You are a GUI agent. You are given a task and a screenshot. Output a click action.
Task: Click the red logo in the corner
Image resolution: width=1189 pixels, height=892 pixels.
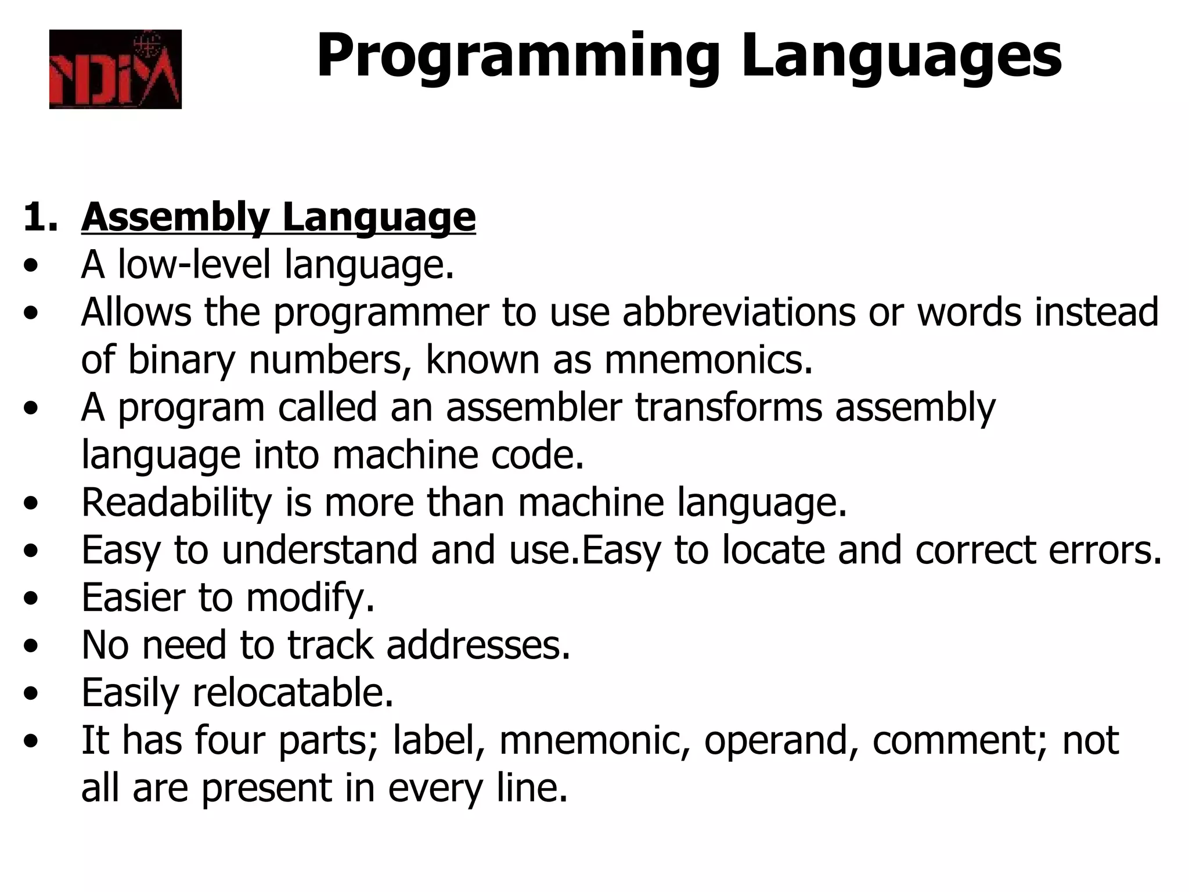115,69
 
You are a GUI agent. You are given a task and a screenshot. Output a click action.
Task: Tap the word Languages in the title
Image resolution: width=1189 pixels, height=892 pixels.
901,56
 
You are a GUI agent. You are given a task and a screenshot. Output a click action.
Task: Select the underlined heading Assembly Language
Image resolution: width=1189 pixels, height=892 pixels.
278,217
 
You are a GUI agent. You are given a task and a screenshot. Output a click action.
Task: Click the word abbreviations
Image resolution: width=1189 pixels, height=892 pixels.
738,312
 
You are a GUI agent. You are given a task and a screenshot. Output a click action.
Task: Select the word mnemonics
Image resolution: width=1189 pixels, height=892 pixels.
708,360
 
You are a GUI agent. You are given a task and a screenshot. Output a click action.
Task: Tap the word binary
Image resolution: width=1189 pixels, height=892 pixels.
181,360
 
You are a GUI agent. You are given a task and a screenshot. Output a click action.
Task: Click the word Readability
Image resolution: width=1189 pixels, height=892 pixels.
176,503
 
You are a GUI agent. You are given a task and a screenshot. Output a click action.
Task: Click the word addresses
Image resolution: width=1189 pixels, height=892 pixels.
478,646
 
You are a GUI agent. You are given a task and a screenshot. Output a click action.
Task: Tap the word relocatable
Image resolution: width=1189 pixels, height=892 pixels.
293,693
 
